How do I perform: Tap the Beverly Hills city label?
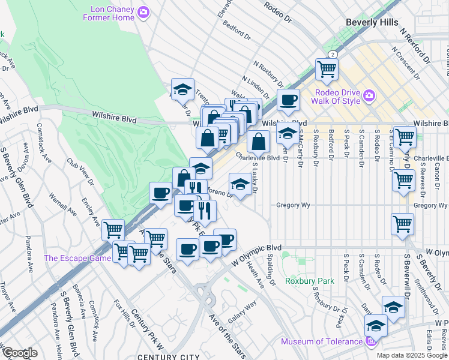372,22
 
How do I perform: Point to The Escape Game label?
77,259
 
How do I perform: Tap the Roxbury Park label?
309,280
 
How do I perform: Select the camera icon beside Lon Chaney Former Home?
143,11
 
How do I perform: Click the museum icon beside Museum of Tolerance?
370,342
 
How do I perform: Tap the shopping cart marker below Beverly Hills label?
327,69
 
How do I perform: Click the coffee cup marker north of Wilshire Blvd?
288,100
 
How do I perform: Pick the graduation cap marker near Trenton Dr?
182,90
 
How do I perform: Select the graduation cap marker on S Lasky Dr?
240,184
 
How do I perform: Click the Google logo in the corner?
19,352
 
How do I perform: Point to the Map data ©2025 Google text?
412,355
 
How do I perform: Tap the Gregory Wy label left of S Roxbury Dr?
293,205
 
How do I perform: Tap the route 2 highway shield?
333,54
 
